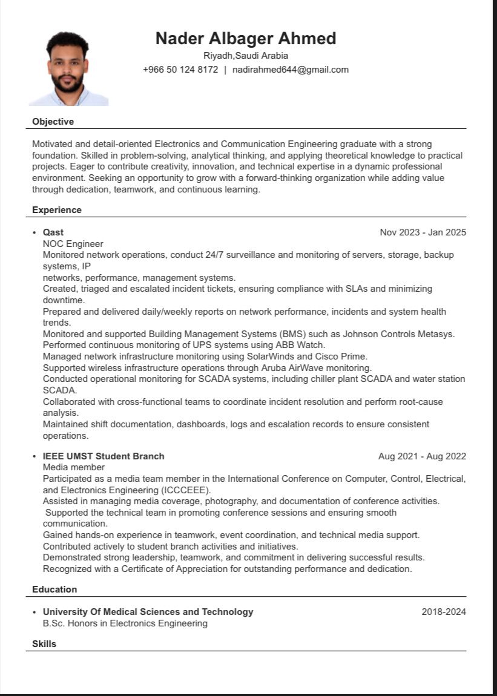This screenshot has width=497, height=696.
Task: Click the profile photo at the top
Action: tap(68, 68)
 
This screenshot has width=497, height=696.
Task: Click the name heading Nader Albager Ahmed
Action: tap(245, 39)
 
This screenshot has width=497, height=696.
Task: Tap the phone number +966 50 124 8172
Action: tap(180, 70)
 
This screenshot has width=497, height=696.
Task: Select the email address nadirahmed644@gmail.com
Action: tap(291, 70)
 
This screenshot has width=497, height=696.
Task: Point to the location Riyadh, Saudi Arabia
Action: tap(245, 56)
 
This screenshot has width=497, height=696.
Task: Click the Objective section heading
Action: tap(53, 122)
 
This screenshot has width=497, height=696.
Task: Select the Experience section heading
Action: tap(56, 210)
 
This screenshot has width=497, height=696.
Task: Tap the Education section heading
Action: tap(54, 589)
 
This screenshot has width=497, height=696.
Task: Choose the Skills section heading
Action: tap(44, 644)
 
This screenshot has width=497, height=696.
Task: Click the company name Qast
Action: tap(53, 232)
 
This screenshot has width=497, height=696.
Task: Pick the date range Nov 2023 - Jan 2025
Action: tap(423, 232)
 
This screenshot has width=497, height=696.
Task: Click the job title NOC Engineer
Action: tap(73, 244)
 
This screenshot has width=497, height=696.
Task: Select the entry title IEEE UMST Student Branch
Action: tap(104, 456)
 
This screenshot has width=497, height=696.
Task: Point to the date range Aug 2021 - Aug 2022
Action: tap(422, 456)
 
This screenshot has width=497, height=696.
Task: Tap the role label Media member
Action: tap(73, 467)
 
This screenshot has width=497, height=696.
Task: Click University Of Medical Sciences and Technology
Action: tap(148, 612)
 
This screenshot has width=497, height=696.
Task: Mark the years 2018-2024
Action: tap(444, 612)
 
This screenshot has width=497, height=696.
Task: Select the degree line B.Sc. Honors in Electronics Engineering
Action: tap(125, 623)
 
